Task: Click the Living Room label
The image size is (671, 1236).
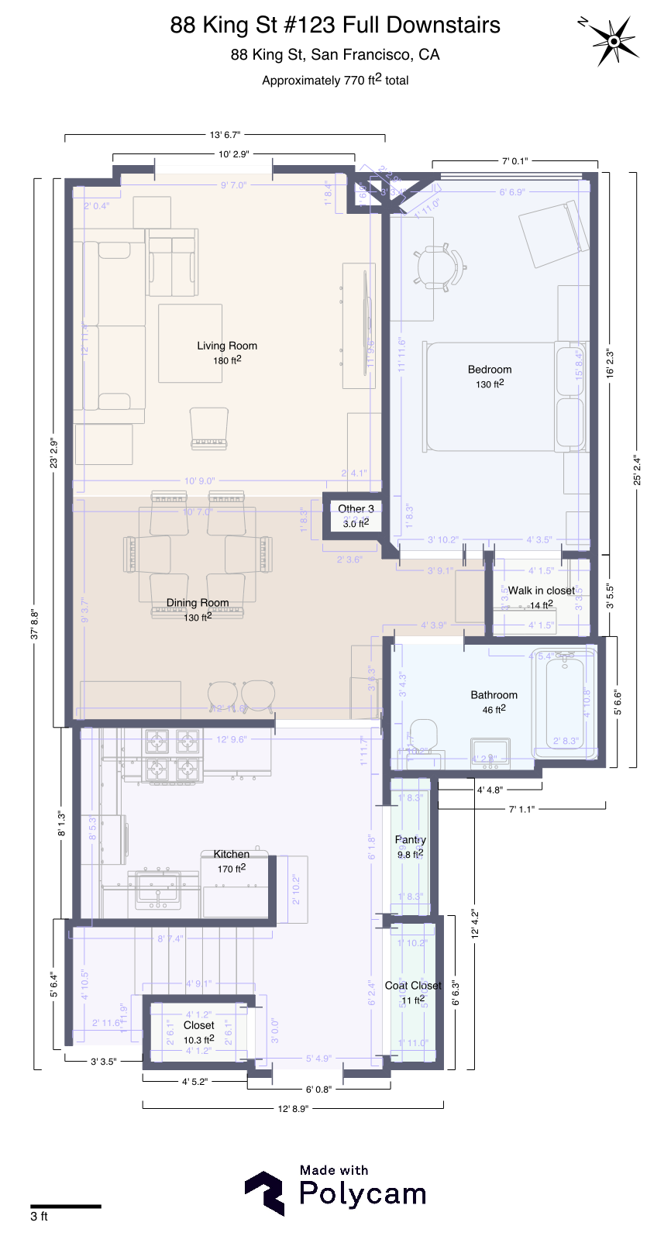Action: (226, 346)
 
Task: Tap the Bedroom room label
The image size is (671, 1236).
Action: (489, 370)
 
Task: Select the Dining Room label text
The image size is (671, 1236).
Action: (198, 602)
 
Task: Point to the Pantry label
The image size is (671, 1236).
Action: (410, 840)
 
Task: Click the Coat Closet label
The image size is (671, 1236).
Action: (413, 986)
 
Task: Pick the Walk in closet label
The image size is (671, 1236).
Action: (541, 590)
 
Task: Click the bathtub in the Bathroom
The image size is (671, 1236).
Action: (564, 705)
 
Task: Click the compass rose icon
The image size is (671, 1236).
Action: (613, 40)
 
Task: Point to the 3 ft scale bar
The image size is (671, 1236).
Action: (66, 1207)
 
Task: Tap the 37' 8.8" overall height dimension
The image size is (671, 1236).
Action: (34, 624)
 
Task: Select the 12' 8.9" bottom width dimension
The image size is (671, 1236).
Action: (293, 1108)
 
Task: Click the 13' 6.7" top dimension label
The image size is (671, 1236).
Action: (225, 135)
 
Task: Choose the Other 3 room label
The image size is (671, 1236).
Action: (356, 508)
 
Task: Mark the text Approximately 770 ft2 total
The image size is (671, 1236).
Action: (335, 80)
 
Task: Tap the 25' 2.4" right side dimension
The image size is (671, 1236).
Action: (637, 470)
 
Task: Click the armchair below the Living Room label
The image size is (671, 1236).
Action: (209, 428)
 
